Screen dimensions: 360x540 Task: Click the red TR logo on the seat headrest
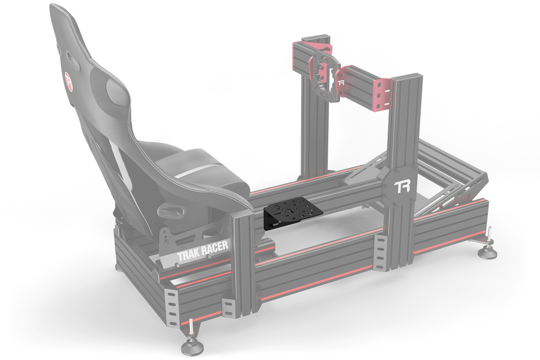pyautogui.click(x=69, y=82)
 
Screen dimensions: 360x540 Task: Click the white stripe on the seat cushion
pyautogui.click(x=196, y=171)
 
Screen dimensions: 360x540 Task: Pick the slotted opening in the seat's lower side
pyautogui.click(x=169, y=209)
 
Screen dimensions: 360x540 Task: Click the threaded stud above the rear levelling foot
pyautogui.click(x=190, y=327)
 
